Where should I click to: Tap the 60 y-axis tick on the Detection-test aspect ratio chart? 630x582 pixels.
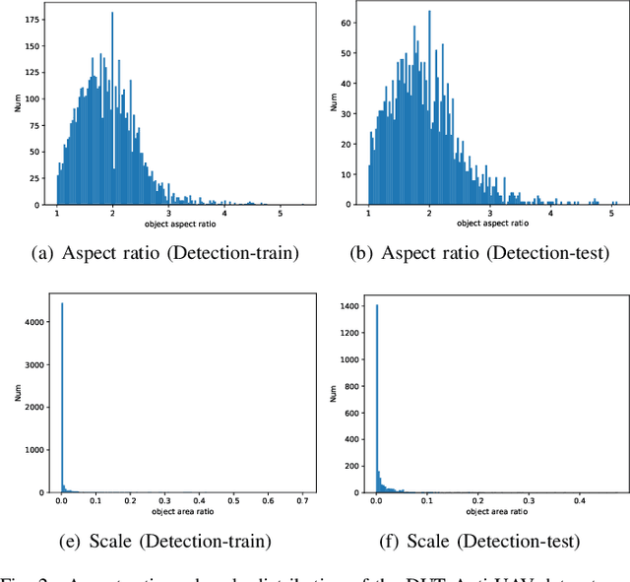[345, 21]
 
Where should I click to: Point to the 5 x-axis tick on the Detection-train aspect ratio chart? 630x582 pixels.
[281, 214]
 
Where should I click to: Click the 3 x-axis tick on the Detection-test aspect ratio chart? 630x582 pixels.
[490, 214]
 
